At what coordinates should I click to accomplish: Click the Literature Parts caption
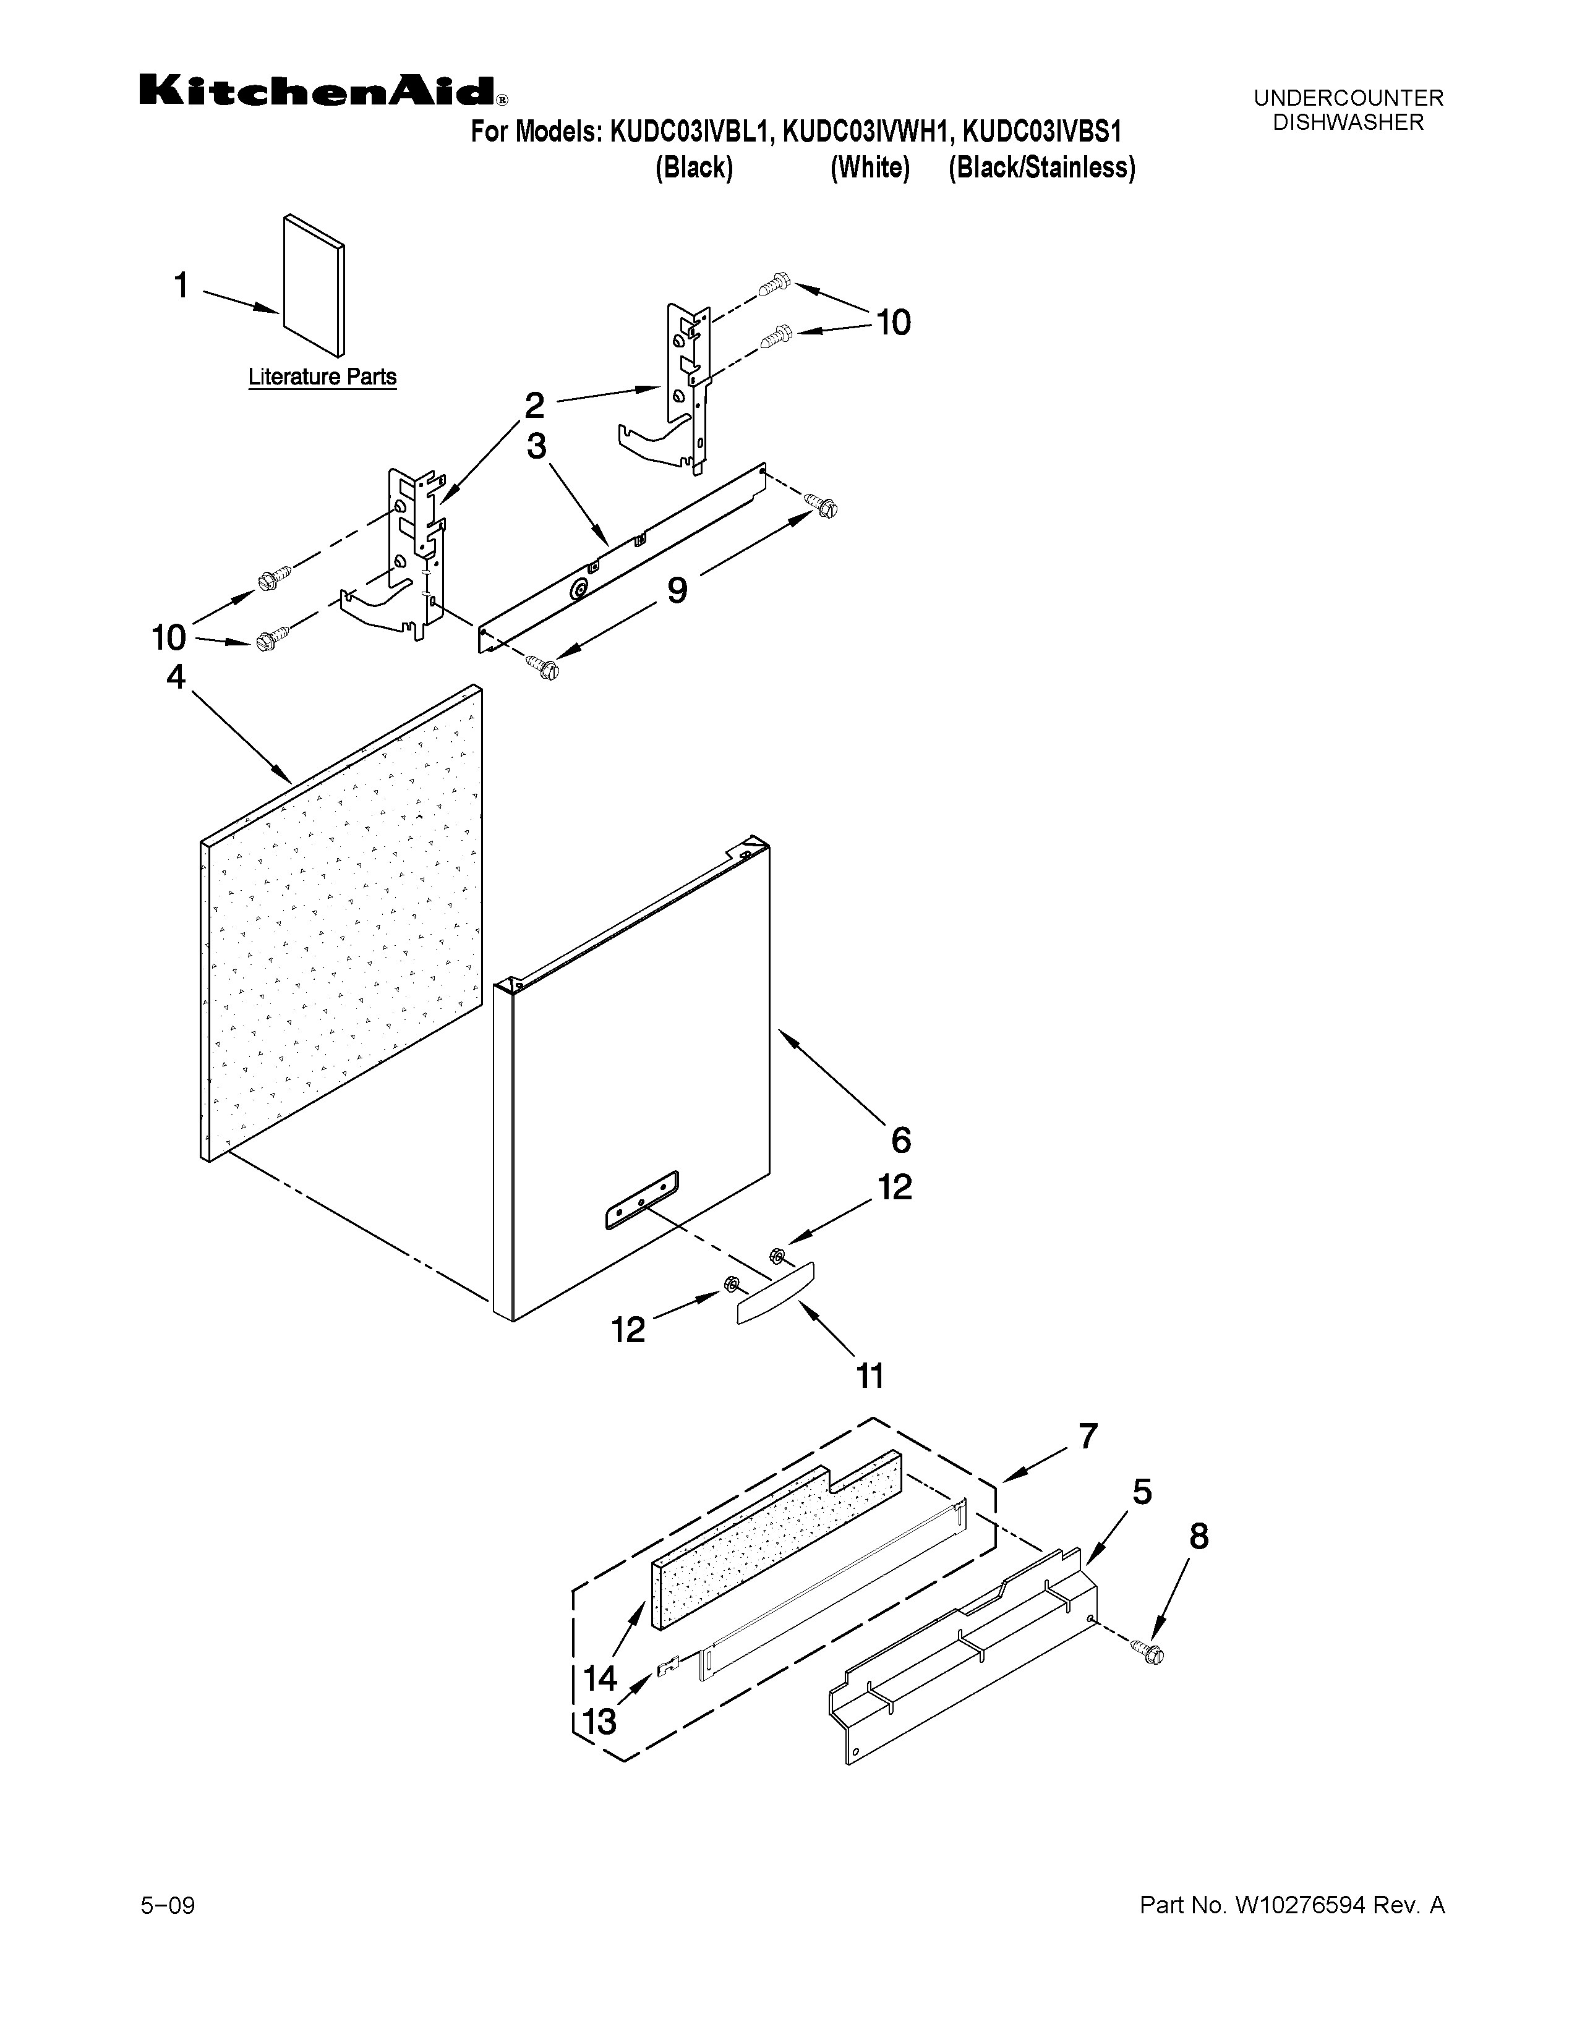pos(322,377)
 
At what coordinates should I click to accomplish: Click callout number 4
pos(176,676)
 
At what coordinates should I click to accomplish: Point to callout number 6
pos(900,1141)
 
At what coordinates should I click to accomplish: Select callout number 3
pos(536,446)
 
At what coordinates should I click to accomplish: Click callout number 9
pos(677,590)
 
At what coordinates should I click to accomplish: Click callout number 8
pos(1199,1537)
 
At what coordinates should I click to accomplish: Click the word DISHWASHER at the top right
pos(1348,122)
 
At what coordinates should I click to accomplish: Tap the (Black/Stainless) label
pos(1041,168)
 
